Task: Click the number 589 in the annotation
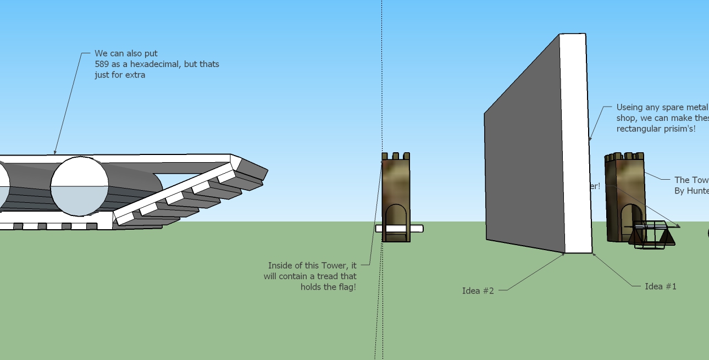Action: [102, 64]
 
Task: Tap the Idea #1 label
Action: [661, 286]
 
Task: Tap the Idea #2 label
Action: [478, 291]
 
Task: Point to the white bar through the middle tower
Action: [416, 229]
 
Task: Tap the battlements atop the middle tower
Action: [396, 157]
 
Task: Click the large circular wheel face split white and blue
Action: [80, 186]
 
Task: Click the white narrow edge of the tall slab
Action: [575, 143]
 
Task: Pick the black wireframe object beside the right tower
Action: [651, 234]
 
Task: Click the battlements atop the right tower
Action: [624, 157]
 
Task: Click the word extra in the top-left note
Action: [135, 75]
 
